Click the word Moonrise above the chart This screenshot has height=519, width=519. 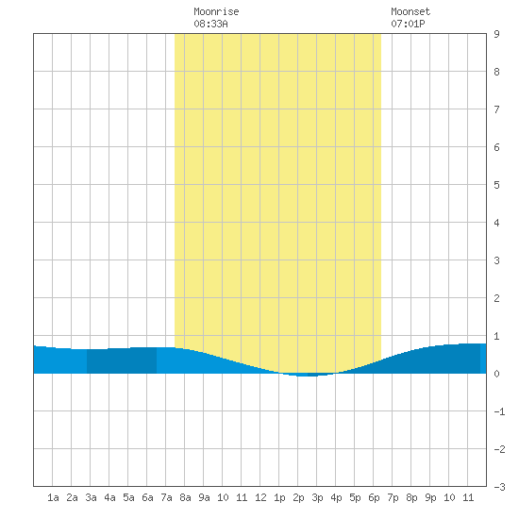216,11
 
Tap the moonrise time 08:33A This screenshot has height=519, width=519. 210,24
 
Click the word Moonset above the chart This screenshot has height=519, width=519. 410,11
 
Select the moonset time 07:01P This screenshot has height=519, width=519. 408,24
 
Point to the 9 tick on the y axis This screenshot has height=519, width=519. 496,34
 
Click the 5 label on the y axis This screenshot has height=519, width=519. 496,185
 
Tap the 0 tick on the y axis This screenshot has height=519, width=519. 496,374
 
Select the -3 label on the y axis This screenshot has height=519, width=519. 499,487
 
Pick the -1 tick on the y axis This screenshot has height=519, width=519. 499,411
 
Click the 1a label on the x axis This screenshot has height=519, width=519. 53,497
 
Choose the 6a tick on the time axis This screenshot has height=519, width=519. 147,497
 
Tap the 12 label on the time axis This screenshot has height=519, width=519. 260,497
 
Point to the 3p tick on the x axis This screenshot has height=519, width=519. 317,497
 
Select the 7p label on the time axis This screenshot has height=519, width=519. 393,497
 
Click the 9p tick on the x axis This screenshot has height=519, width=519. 430,497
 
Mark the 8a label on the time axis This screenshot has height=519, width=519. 185,497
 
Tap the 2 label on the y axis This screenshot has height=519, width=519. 496,298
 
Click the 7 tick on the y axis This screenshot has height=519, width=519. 496,109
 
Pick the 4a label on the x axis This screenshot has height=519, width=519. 109,497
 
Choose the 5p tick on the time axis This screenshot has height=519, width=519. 355,497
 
